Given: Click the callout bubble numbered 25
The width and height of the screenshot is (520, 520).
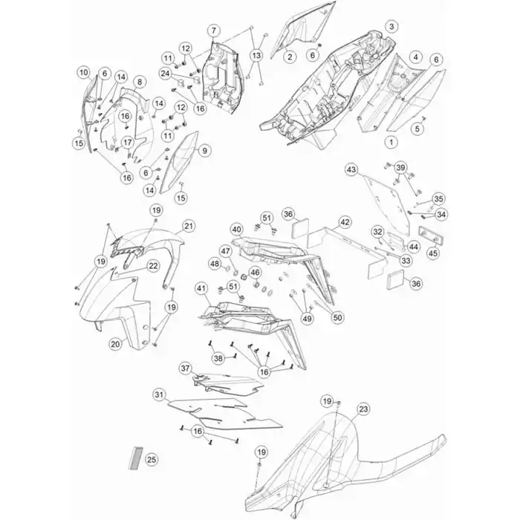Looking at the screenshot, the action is tap(152, 460).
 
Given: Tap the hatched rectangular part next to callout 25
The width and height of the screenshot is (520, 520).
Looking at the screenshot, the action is tap(135, 458).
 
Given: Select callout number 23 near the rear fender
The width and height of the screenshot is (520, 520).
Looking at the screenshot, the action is tap(363, 409).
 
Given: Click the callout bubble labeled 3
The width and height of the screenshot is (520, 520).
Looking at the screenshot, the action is tap(391, 26).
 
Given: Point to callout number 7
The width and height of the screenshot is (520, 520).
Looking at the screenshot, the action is tap(214, 31).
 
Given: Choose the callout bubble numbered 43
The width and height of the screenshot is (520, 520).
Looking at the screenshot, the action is tap(351, 170).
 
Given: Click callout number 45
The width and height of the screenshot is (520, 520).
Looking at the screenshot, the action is tap(433, 253).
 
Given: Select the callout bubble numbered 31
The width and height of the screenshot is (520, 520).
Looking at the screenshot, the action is tap(160, 396).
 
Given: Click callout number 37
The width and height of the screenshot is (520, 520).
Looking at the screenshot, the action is tap(186, 368).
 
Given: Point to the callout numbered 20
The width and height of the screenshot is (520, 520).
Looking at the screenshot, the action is tap(115, 344).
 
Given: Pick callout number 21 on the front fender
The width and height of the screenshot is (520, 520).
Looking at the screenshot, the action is tap(189, 226).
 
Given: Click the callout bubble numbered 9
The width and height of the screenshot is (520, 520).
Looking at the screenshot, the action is tap(204, 151).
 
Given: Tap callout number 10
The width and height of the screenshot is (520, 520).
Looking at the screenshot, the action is tap(84, 72).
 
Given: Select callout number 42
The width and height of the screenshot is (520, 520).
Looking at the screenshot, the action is tap(345, 222).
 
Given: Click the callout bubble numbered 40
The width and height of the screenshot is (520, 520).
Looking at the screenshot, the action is tap(236, 230).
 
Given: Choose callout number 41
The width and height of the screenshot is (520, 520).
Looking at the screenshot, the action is tap(201, 288).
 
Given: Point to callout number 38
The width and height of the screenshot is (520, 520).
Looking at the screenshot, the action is tap(218, 358).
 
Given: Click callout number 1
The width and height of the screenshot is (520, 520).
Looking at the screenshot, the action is tap(391, 143).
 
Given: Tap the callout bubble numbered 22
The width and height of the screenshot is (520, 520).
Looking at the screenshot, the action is tap(153, 266).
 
